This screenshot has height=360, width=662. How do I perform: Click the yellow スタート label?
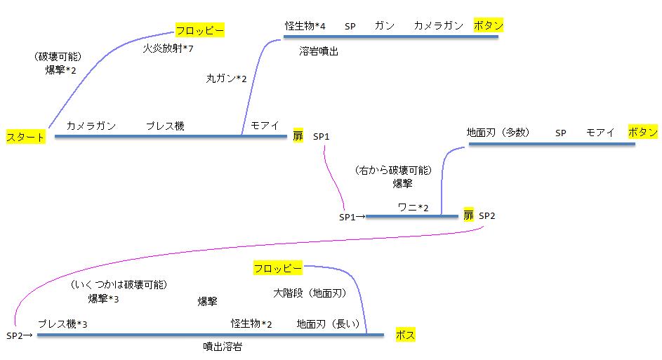tap(26, 136)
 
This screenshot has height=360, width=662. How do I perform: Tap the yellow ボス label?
tap(405, 335)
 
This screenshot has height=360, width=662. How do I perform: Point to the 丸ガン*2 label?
tap(226, 79)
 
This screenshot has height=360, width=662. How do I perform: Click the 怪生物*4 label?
tap(305, 26)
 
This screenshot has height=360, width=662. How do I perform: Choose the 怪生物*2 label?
tap(251, 324)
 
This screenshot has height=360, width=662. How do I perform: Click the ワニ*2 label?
tap(413, 206)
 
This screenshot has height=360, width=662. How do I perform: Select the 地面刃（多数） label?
tap(498, 132)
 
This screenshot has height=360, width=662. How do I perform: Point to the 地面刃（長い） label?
tap(328, 324)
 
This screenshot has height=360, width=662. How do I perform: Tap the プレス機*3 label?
tap(62, 324)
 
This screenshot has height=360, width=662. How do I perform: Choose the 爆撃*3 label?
tap(103, 299)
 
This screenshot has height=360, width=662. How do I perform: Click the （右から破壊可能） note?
tap(393, 170)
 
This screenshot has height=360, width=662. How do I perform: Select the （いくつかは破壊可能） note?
tap(119, 284)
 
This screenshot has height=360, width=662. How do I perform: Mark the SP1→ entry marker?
tap(352, 217)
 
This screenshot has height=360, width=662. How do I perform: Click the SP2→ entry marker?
tap(20, 335)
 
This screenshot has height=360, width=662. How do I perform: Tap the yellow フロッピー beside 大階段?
tap(277, 268)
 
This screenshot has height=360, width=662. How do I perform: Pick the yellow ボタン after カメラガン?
tap(489, 25)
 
